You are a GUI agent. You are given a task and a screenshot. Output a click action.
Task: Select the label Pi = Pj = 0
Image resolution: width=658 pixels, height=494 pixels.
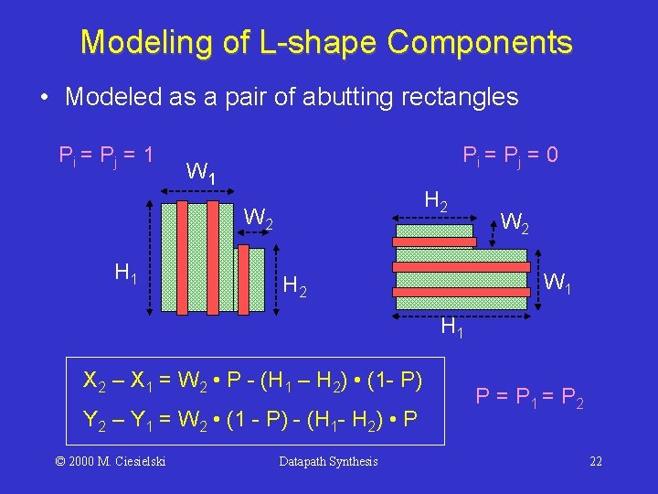click(511, 156)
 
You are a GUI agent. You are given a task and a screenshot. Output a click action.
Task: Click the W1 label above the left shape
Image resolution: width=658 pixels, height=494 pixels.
click(200, 171)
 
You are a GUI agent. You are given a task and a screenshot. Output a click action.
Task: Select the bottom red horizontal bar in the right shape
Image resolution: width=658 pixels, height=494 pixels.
click(462, 290)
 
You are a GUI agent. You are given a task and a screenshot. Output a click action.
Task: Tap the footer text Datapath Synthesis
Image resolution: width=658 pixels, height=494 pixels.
click(327, 461)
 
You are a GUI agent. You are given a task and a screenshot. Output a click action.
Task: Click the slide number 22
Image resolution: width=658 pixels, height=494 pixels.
click(596, 461)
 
